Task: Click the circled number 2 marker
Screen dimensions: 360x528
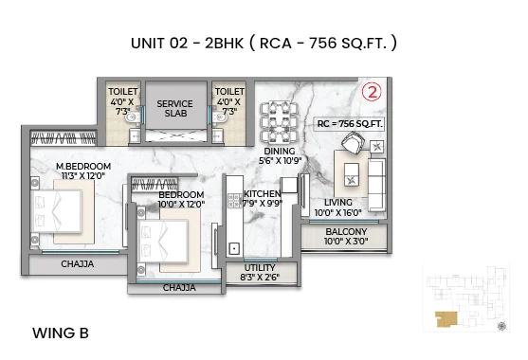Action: [x=372, y=95]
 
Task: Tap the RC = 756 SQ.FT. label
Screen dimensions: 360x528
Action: [x=350, y=122]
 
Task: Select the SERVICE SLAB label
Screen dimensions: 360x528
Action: [x=174, y=109]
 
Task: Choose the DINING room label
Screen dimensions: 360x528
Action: [x=279, y=151]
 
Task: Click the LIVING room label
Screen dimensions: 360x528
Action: [x=337, y=202]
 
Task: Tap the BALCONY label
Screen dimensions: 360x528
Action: [x=345, y=231]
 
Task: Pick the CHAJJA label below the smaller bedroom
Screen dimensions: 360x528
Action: [x=178, y=287]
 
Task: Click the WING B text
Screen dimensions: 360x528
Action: [x=61, y=333]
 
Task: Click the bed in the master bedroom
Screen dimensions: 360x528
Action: [x=58, y=209]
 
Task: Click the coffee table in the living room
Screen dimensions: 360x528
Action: [x=353, y=173]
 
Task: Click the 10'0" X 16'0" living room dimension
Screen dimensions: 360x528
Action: [x=337, y=213]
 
